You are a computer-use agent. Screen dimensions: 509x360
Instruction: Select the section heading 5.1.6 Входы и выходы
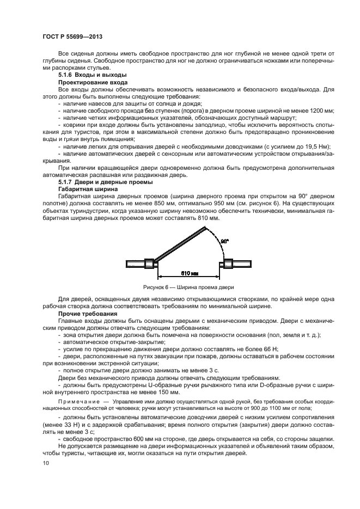click(x=92, y=75)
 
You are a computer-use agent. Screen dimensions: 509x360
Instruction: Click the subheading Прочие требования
click(x=87, y=315)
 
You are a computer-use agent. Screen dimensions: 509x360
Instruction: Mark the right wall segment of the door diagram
click(x=236, y=264)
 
